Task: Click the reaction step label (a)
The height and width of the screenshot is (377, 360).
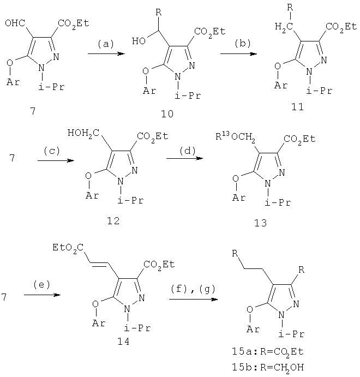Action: click(x=105, y=44)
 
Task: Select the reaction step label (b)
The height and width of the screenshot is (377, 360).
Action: click(x=243, y=43)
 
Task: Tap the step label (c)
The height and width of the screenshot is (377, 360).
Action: click(x=52, y=151)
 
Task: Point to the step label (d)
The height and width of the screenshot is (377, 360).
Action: click(x=188, y=151)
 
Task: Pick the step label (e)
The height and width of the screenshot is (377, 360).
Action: click(x=42, y=285)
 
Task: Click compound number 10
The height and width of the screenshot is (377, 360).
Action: click(x=167, y=114)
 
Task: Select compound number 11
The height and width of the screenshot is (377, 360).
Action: click(x=297, y=107)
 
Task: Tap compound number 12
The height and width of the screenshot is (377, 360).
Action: click(x=113, y=221)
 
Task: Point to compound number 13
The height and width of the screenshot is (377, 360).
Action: click(x=261, y=223)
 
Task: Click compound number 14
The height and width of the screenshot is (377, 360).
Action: click(x=123, y=342)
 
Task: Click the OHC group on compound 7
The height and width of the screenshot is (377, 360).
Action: click(x=15, y=23)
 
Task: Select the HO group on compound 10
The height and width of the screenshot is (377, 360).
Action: click(x=139, y=41)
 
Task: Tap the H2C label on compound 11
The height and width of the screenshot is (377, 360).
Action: click(x=284, y=27)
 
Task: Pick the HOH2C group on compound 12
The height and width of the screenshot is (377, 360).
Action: click(x=83, y=133)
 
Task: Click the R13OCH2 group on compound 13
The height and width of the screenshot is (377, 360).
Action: click(x=235, y=137)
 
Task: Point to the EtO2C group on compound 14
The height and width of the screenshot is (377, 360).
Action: click(x=68, y=248)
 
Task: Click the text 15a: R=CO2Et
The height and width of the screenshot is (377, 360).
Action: click(x=268, y=352)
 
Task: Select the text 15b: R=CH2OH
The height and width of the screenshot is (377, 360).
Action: click(x=268, y=368)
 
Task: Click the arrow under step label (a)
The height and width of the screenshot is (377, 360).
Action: click(x=106, y=53)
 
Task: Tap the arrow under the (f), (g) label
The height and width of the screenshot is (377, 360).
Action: click(x=193, y=299)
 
